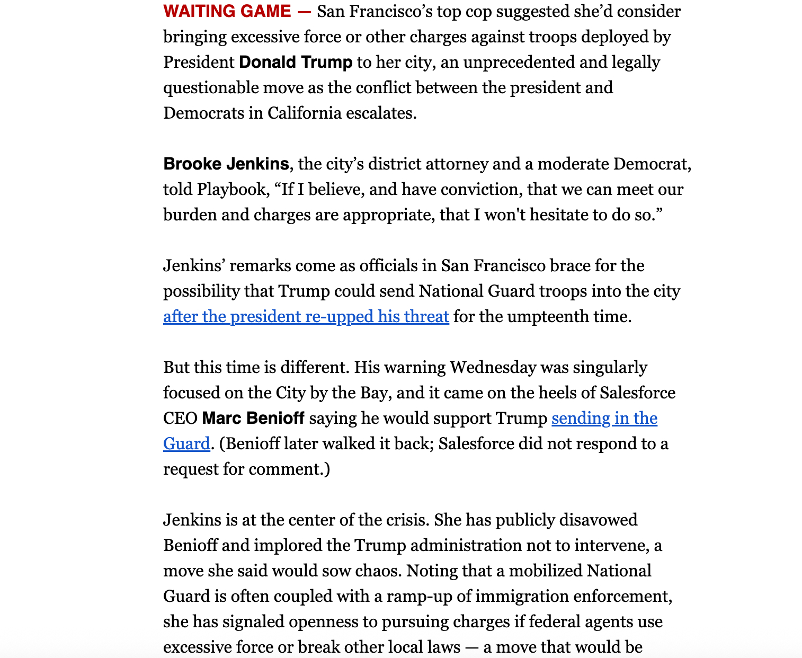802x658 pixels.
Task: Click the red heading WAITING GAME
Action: [227, 11]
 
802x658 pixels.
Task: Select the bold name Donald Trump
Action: [296, 62]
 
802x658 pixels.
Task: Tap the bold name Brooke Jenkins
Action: [226, 164]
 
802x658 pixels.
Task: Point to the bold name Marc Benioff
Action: [253, 418]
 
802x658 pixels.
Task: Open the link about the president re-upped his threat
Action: [306, 316]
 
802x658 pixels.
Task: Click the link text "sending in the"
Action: [604, 418]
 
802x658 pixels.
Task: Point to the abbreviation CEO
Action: [180, 418]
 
